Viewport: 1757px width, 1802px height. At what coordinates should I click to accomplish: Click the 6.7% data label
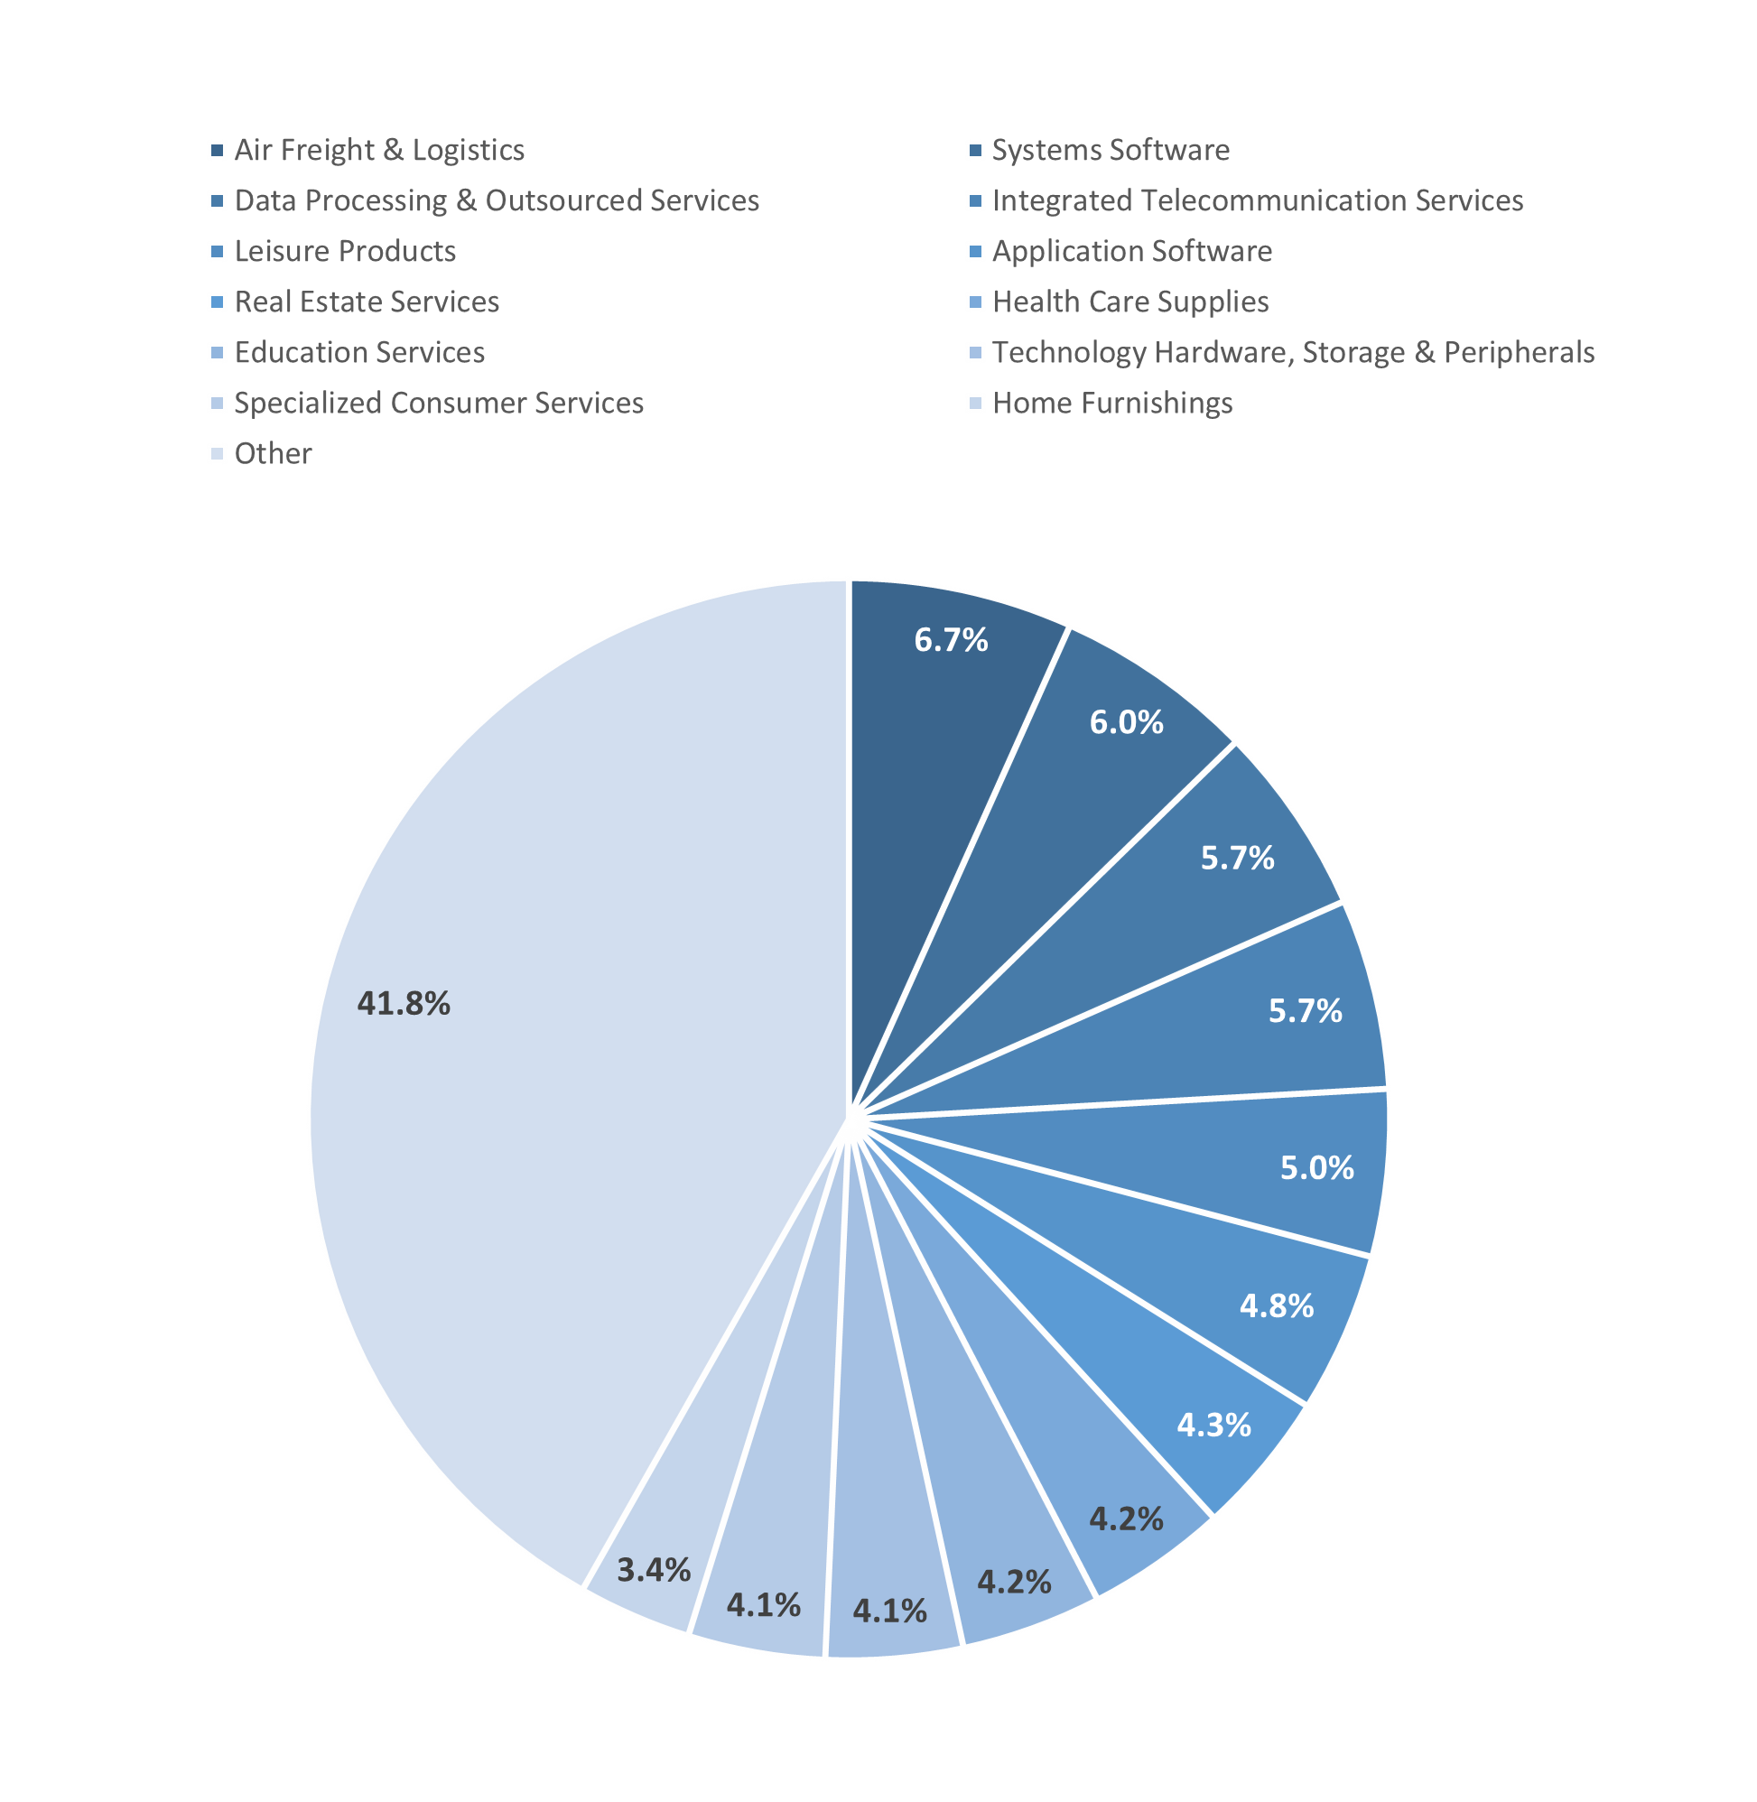(x=951, y=639)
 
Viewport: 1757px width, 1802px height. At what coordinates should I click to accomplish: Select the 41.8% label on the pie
(x=404, y=1003)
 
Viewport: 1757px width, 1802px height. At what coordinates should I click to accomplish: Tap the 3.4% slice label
(x=654, y=1569)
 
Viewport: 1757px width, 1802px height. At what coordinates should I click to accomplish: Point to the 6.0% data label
(x=1126, y=721)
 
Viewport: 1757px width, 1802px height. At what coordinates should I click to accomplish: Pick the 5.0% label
(x=1316, y=1167)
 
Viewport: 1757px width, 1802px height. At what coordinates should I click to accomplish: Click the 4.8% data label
(x=1277, y=1305)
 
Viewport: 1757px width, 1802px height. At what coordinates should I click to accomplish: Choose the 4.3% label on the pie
(x=1213, y=1425)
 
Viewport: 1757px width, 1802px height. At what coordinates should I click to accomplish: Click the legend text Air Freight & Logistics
(x=379, y=150)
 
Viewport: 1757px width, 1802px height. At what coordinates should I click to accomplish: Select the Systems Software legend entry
(x=1111, y=150)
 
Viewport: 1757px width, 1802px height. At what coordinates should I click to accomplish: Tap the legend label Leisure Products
(x=345, y=251)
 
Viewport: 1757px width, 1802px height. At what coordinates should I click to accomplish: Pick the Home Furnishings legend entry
(x=1112, y=404)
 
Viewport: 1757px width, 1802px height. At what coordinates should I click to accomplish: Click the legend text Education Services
(x=359, y=352)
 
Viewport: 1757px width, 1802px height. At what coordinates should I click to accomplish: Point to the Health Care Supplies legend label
(x=1130, y=302)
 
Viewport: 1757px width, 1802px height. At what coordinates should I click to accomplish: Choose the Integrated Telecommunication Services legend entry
(x=1257, y=200)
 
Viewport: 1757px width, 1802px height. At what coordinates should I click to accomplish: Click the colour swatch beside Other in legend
(x=218, y=454)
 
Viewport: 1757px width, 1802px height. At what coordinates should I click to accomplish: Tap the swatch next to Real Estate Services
(x=218, y=302)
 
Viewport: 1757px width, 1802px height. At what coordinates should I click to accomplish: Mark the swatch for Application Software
(x=975, y=251)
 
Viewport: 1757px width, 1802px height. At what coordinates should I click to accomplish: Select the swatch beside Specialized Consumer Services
(x=218, y=404)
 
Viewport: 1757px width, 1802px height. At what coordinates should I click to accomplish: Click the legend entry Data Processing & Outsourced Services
(x=497, y=200)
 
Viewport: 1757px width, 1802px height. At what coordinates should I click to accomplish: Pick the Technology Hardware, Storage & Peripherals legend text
(x=1293, y=352)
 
